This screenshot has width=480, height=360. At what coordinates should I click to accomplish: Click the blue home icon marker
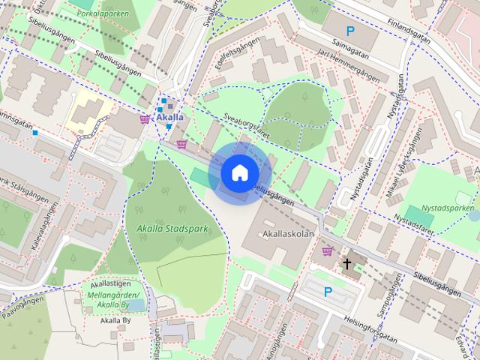tap(238, 173)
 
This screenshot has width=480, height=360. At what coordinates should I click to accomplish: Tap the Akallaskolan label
tap(289, 234)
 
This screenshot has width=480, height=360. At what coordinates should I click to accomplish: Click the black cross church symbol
tap(346, 263)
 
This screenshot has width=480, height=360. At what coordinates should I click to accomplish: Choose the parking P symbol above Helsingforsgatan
tap(327, 292)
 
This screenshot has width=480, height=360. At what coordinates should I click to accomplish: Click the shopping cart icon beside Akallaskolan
tap(327, 251)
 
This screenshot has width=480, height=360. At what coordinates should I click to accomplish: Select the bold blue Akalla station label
tap(170, 117)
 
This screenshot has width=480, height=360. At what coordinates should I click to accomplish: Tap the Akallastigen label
tap(110, 284)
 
